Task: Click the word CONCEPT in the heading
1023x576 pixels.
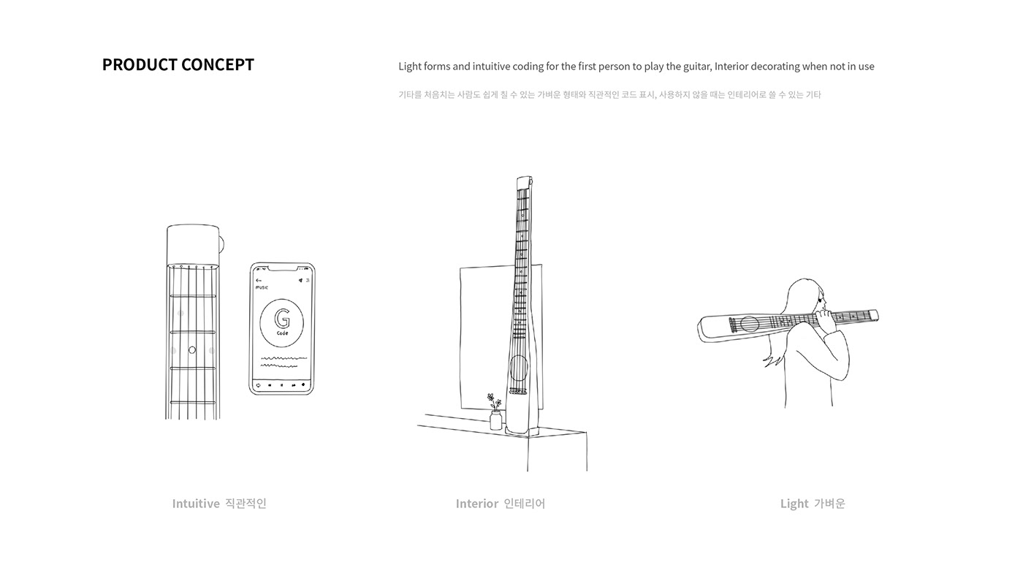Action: coord(218,64)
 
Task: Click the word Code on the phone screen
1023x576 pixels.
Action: coord(282,334)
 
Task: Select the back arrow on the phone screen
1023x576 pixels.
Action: coord(259,280)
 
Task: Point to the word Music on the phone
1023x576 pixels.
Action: coord(262,288)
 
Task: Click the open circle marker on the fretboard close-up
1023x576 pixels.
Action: coord(192,350)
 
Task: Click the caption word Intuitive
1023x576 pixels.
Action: coord(196,504)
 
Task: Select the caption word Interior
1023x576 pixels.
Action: coord(477,504)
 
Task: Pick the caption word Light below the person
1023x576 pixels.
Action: coord(794,504)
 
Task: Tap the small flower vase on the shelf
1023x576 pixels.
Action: coord(496,420)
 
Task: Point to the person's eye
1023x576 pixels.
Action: coord(823,299)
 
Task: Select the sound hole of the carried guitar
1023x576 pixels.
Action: coord(749,324)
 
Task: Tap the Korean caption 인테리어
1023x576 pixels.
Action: coord(525,504)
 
